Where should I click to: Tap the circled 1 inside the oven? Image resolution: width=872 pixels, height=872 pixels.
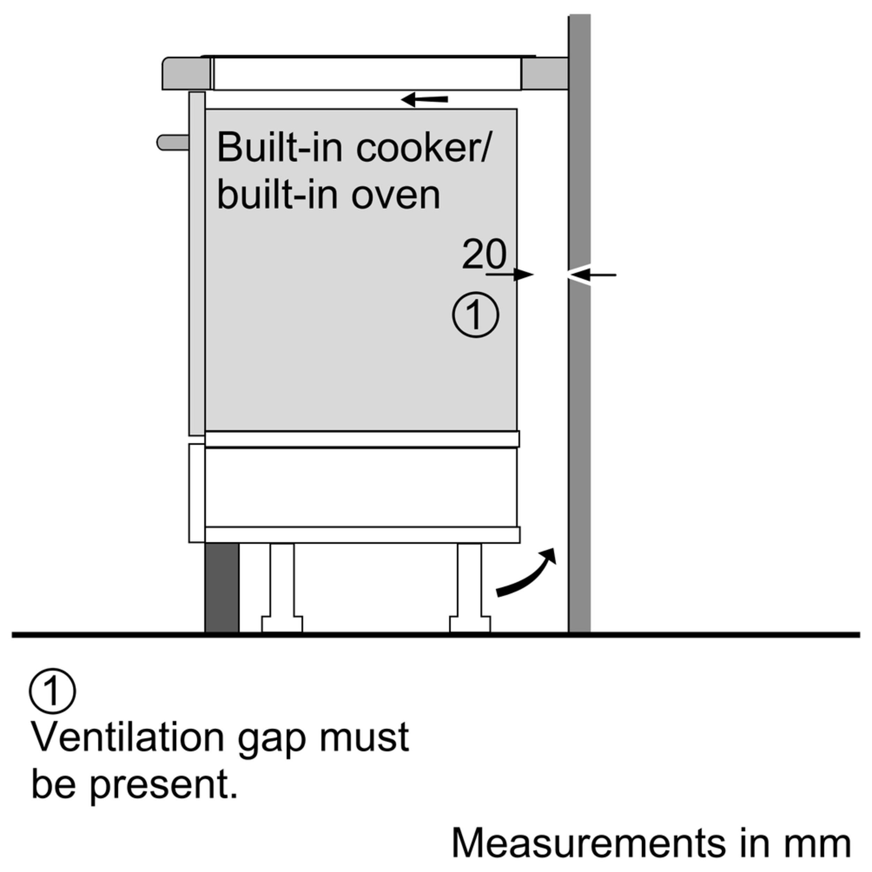pos(475,315)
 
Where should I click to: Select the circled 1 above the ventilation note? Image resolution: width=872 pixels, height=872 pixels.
pos(52,691)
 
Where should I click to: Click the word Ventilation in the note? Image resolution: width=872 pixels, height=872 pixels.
pos(127,737)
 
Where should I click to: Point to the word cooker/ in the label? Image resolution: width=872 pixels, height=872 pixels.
pos(422,148)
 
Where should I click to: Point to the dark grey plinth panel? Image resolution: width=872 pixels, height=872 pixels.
pos(221,587)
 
